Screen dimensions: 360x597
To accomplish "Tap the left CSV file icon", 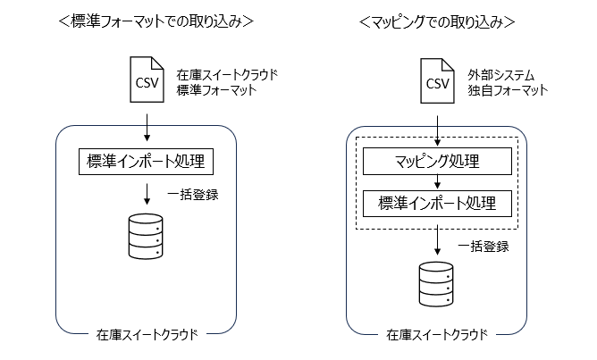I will pos(146,82).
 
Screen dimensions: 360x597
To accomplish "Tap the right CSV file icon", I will pos(436,82).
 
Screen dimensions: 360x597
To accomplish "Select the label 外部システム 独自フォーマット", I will pos(508,82).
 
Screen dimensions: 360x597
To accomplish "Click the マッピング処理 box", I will pos(436,162).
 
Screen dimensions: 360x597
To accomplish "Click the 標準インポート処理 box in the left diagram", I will pos(147,162).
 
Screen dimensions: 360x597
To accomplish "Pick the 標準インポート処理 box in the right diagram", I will pos(436,203).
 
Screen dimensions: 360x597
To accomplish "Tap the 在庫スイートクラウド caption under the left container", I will pos(147,336).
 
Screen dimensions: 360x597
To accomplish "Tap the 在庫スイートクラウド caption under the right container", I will pos(436,336).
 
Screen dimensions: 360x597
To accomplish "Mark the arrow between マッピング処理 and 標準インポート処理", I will pos(436,182).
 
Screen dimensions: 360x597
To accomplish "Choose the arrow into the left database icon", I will pos(147,193).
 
